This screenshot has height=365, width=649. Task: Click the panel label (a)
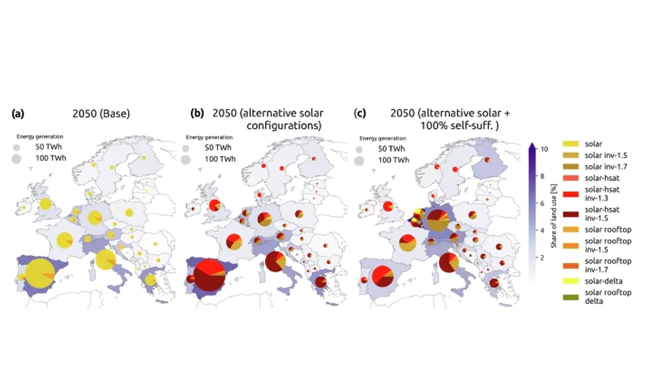pos(18,114)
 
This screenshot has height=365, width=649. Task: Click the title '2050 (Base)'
pos(99,114)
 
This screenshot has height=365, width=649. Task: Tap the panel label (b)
pos(197,114)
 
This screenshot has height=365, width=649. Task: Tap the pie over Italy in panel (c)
pos(449,263)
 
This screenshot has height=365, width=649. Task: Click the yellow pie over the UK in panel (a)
pos(45,204)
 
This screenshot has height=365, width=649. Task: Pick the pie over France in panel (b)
pos(233,242)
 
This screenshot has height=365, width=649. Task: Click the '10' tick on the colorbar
pos(544,150)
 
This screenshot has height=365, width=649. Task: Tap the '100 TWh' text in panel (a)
pos(51,158)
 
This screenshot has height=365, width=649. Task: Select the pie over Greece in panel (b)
pos(320,282)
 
